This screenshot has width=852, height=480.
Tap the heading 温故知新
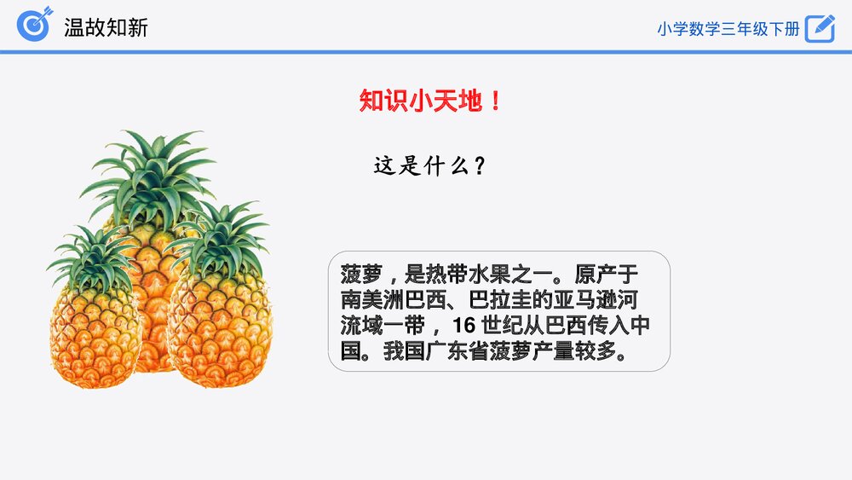(x=106, y=27)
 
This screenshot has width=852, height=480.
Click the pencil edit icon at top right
(x=820, y=28)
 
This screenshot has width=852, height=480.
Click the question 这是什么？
(x=430, y=166)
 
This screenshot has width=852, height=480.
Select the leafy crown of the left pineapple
(x=92, y=260)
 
